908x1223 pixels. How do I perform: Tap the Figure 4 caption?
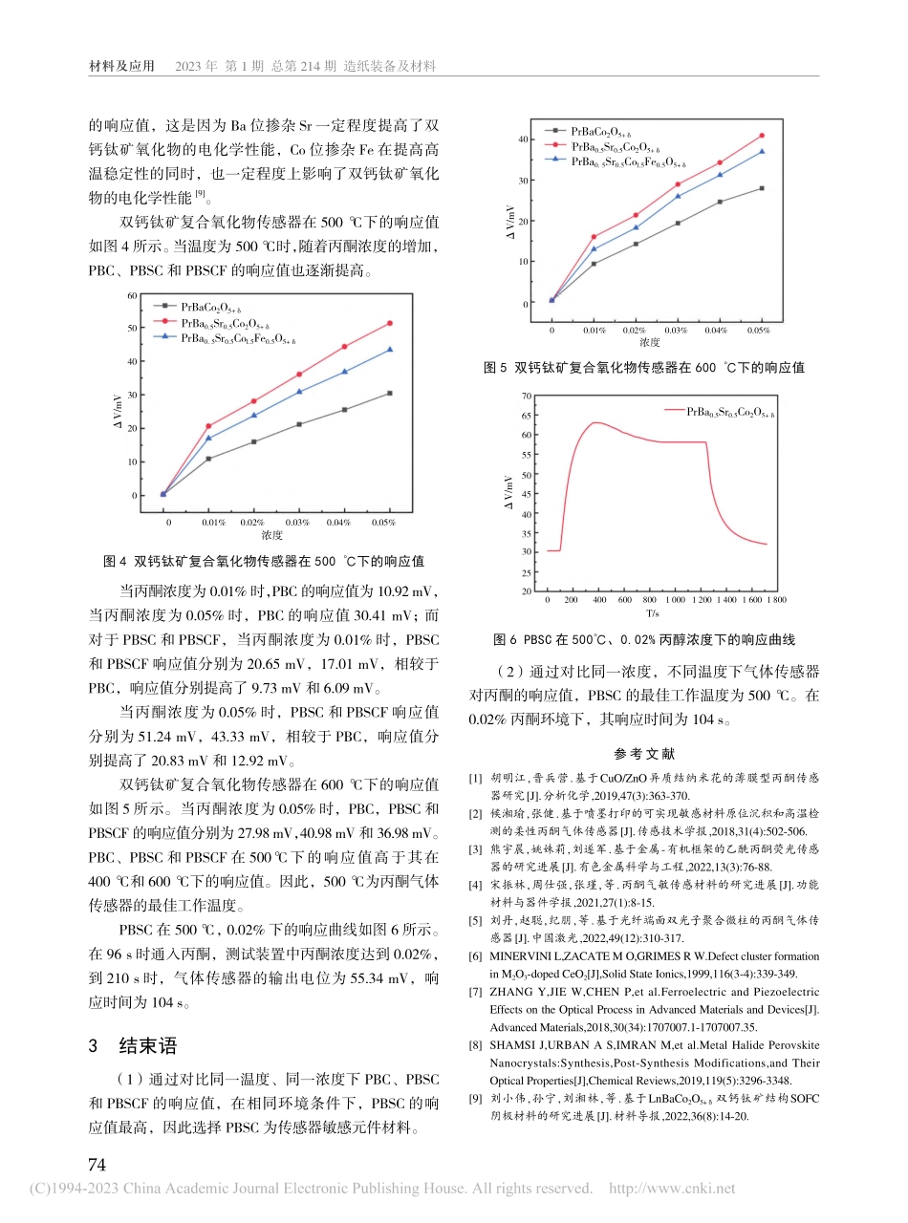click(x=263, y=561)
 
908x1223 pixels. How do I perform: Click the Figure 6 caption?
click(x=644, y=639)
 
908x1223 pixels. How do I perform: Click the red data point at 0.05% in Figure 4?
click(x=389, y=323)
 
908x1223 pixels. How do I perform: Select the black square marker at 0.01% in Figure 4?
click(x=208, y=459)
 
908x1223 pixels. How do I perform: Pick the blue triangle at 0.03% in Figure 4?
click(x=299, y=391)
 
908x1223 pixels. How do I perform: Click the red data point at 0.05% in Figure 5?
click(x=762, y=135)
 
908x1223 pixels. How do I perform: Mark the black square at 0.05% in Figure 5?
click(x=762, y=188)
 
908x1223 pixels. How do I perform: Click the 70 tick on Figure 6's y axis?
click(x=526, y=395)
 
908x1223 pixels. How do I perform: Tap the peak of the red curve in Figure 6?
click(x=595, y=422)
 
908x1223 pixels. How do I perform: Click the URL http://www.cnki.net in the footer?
click(x=672, y=1189)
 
